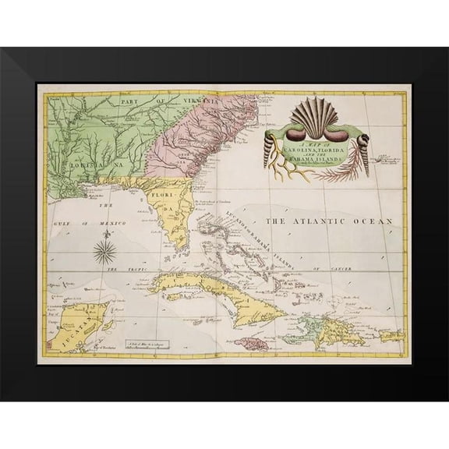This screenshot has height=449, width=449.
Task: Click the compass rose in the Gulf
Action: [105, 251]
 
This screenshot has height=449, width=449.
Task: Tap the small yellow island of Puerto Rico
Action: [391, 336]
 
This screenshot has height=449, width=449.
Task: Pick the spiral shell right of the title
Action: [362, 147]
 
